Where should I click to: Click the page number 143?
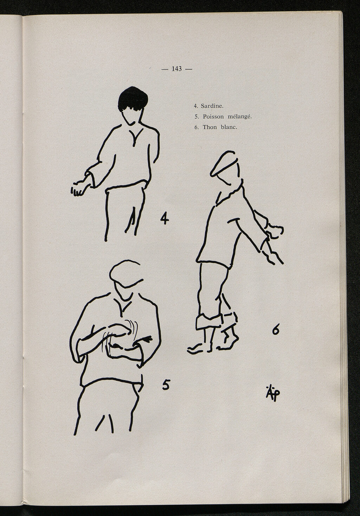176,68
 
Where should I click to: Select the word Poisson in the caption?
213,117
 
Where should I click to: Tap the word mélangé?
240,117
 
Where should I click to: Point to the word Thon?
210,127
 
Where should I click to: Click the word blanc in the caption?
229,127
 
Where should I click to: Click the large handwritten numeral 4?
165,218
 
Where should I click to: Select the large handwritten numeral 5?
166,385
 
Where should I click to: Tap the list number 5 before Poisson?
197,117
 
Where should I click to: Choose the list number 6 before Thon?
196,127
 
